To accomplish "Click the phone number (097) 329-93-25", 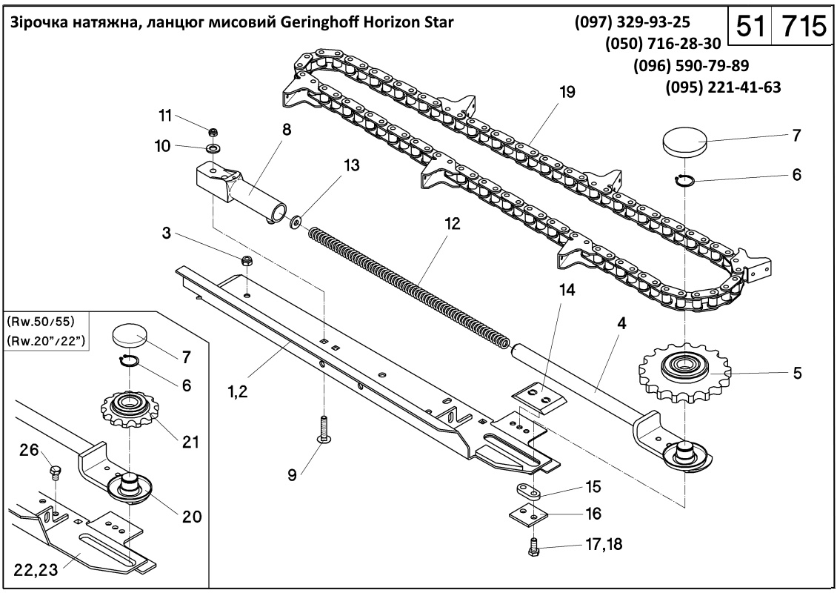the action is click(632, 22).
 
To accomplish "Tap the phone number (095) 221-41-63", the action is click(723, 87).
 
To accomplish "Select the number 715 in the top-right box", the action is click(804, 25).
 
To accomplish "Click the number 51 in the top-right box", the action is click(751, 25).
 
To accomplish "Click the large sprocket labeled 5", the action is click(685, 370).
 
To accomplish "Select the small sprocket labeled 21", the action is click(128, 408).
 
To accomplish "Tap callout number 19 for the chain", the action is click(567, 92).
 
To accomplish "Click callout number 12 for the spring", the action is click(452, 223).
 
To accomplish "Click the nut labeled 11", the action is click(213, 131).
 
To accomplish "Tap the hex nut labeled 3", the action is click(247, 261).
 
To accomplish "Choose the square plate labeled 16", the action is click(528, 514).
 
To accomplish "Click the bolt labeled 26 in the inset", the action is click(55, 472).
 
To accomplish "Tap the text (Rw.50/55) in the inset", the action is click(41, 322).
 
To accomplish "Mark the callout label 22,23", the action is click(36, 569).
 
